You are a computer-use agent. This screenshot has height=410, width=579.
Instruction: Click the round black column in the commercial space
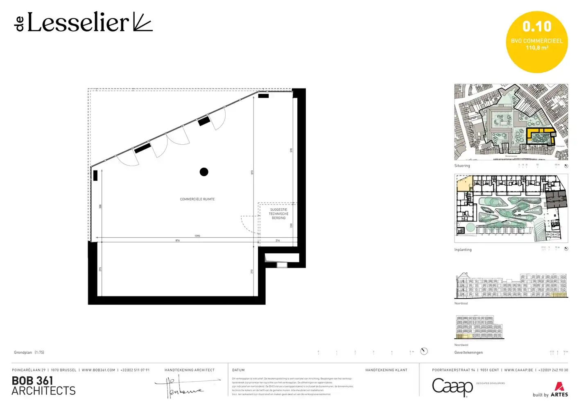(204, 172)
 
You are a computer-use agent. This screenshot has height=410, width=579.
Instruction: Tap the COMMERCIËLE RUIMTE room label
(197, 199)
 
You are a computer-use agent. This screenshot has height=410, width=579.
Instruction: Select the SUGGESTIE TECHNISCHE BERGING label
(278, 214)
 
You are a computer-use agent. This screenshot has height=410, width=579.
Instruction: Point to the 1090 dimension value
(197, 236)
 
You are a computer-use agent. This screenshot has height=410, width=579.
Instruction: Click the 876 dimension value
(177, 241)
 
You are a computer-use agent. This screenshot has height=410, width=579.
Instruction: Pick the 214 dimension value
(278, 241)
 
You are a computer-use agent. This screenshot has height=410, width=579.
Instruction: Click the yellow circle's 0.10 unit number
(537, 27)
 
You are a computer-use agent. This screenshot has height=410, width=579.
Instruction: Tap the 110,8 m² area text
(537, 48)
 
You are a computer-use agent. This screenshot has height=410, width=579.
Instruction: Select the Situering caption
(462, 166)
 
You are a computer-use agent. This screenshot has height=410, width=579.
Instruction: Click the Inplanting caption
(463, 250)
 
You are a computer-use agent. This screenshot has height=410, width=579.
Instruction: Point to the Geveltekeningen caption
(468, 353)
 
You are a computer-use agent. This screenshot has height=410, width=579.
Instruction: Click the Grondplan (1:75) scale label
(29, 353)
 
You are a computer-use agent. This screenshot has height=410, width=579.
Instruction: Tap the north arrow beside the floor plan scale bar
(424, 351)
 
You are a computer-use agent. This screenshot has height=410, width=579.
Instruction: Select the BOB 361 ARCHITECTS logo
(43, 386)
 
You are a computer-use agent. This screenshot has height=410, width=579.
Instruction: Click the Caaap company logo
(452, 387)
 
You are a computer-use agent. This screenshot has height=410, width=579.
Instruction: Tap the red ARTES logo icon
(559, 386)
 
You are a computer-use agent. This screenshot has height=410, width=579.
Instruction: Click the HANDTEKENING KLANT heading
(386, 370)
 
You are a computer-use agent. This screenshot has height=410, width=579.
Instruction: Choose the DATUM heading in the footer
(238, 370)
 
